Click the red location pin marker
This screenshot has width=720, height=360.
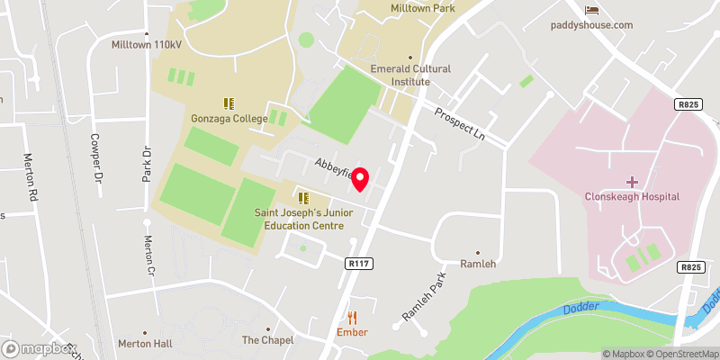pyautogui.click(x=361, y=179)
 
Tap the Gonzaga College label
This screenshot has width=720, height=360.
pyautogui.click(x=228, y=118)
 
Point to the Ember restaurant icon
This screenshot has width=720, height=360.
pyautogui.click(x=352, y=317)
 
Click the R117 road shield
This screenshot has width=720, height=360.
pyautogui.click(x=357, y=264)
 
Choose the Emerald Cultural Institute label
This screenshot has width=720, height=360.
pyautogui.click(x=409, y=75)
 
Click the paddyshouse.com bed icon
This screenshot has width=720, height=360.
pyautogui.click(x=591, y=10)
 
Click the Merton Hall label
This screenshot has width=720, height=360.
pyautogui.click(x=144, y=344)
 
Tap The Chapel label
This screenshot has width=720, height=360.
pyautogui.click(x=268, y=340)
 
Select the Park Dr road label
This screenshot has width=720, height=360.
pyautogui.click(x=145, y=162)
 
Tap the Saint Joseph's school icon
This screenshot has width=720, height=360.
pyautogui.click(x=302, y=197)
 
